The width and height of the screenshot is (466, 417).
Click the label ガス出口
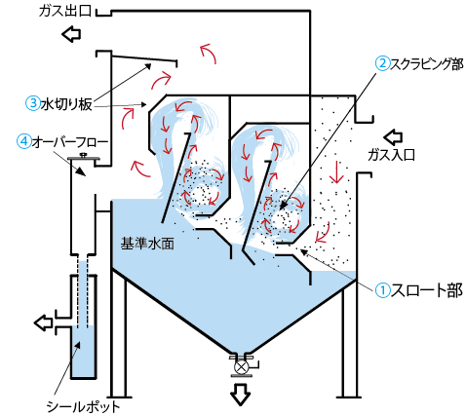click(64, 11)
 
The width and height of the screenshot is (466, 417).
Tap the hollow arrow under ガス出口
click(71, 34)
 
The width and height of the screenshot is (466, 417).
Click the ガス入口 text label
click(391, 155)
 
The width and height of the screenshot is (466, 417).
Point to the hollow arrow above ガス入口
click(393, 137)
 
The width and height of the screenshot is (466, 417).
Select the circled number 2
click(383, 63)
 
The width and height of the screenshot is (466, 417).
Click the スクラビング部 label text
click(426, 63)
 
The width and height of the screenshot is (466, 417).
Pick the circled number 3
click(32, 103)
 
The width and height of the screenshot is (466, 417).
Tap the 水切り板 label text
click(66, 104)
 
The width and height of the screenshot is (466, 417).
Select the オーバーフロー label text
click(69, 142)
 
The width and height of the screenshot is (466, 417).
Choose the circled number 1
click(383, 290)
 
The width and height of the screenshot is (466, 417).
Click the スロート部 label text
click(426, 290)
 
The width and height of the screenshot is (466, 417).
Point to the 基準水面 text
click(147, 244)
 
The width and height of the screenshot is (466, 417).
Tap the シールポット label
click(83, 406)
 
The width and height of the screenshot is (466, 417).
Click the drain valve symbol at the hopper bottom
click(241, 367)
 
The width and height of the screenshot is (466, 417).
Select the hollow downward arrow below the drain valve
click(241, 395)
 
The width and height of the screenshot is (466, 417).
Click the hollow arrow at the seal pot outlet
click(44, 322)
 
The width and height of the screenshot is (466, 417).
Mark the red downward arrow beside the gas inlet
click(337, 171)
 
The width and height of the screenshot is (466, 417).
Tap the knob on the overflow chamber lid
click(83, 155)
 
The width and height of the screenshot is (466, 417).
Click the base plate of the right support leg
click(349, 397)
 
